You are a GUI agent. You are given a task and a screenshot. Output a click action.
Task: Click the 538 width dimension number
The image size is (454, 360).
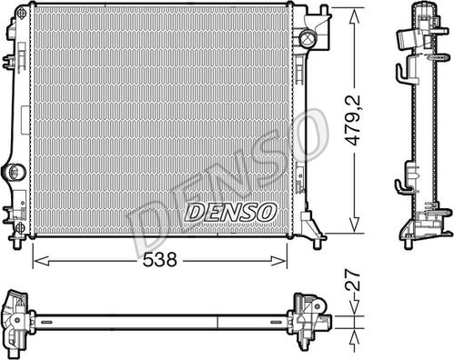coord(159,260)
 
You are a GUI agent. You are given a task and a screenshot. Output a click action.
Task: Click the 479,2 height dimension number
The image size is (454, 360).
coord(354,120)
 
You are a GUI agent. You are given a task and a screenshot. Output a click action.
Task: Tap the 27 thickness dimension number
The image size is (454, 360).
coord(354,281)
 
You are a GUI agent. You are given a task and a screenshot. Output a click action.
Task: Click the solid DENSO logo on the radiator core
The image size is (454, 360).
coord(230,212)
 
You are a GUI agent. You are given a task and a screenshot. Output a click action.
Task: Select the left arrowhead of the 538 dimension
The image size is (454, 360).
coord(41,261)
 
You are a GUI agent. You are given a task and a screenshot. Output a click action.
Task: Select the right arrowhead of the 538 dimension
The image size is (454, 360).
coord(278,261)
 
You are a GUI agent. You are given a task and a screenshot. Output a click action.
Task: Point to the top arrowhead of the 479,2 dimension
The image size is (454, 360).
coord(354,16)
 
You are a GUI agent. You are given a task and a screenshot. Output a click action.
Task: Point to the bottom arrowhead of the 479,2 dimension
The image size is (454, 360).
coord(354,225)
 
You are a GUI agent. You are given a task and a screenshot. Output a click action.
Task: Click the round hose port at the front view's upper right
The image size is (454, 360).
coord(308,38)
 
